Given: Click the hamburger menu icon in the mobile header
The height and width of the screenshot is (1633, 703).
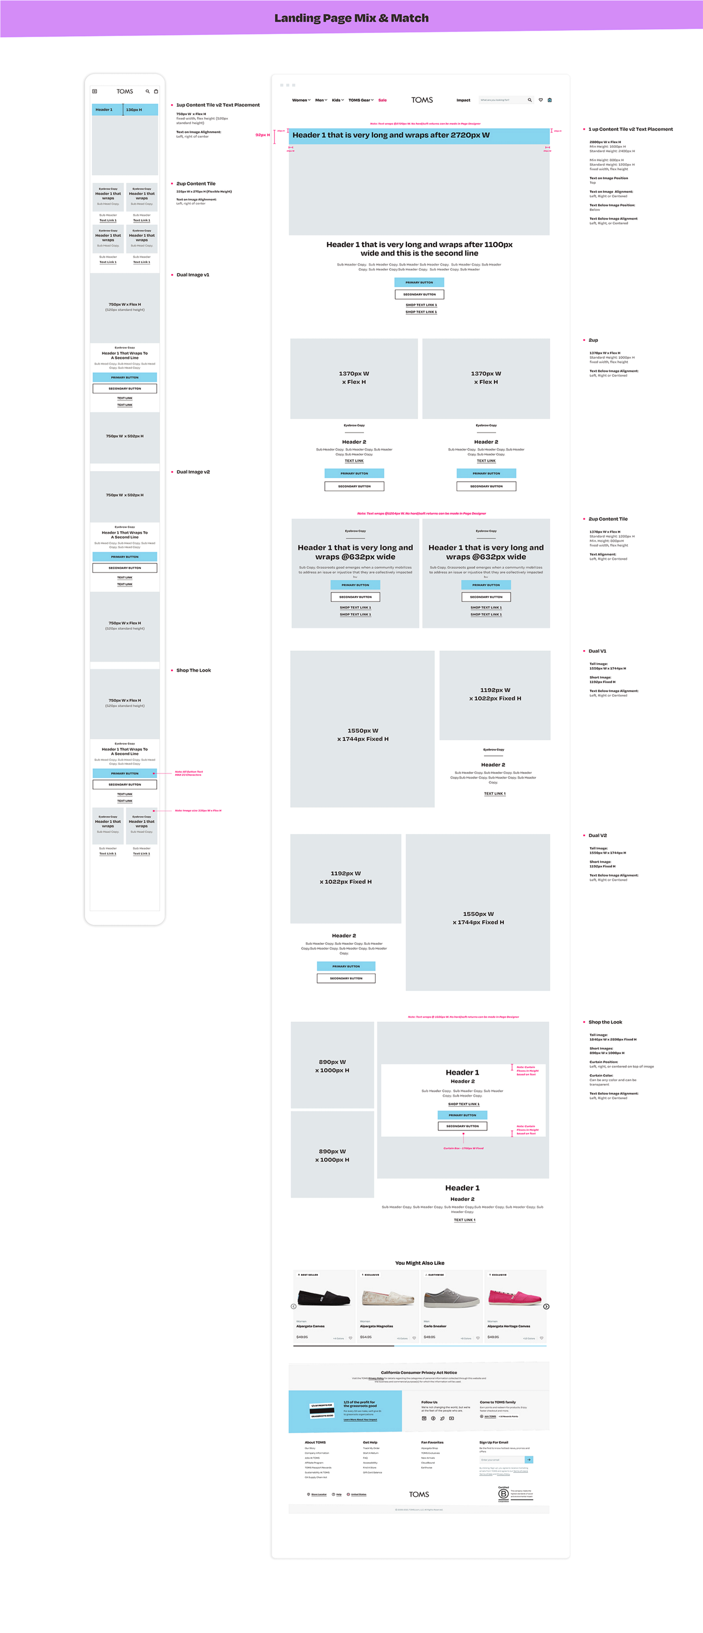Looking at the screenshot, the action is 94,91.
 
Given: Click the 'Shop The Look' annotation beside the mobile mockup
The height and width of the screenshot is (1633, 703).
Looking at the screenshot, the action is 193,670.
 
